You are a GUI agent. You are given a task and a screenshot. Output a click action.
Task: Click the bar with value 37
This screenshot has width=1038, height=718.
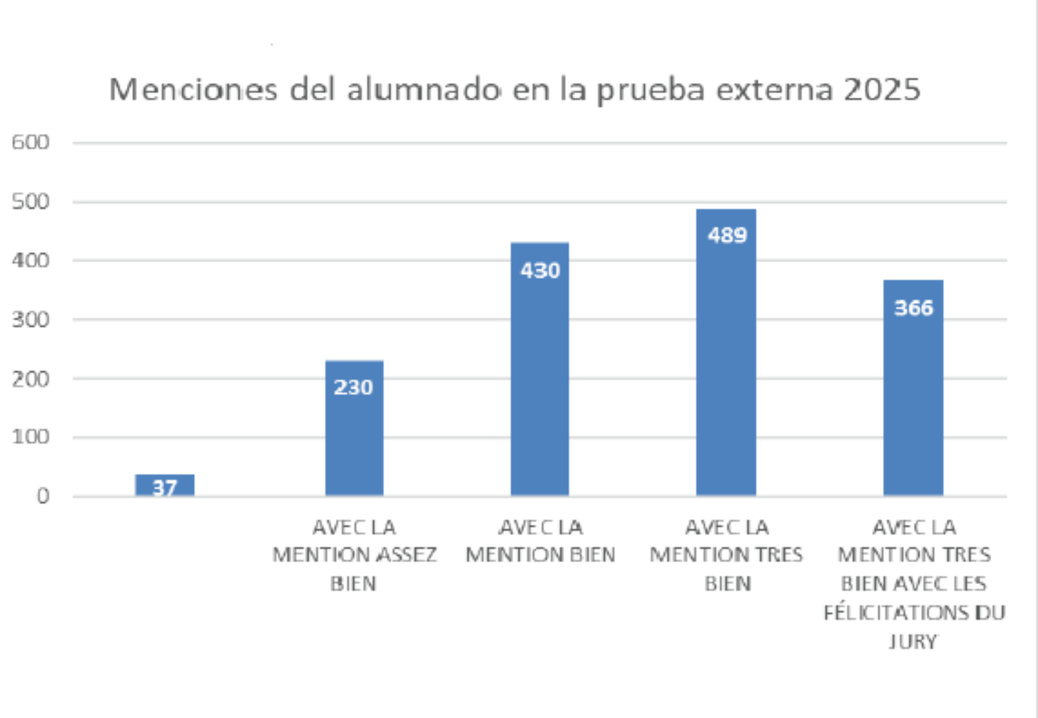(164, 485)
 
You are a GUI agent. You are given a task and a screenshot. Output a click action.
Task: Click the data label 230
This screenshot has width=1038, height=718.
(354, 388)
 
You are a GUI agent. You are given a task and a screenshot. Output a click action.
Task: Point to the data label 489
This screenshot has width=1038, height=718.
(727, 235)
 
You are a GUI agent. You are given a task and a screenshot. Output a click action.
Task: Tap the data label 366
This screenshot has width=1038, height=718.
(914, 308)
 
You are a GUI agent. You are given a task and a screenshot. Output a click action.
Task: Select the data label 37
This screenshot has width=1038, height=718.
(164, 488)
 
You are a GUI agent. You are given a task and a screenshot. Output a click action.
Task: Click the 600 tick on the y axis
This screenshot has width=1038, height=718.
(31, 142)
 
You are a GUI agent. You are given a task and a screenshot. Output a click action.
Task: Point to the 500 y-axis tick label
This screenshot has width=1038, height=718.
(31, 202)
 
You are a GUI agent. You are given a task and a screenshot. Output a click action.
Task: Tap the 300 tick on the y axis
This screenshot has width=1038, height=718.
(31, 320)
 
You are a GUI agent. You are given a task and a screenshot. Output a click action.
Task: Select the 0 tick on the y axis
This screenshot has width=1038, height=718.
(43, 496)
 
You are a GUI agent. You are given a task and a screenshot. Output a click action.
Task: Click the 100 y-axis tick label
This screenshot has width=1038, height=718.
(31, 437)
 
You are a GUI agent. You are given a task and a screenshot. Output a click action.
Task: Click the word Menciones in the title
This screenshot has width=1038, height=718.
(193, 90)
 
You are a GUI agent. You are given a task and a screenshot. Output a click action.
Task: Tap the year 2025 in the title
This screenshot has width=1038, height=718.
(882, 90)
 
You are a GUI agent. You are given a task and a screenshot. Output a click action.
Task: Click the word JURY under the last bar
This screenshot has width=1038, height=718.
(913, 642)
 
